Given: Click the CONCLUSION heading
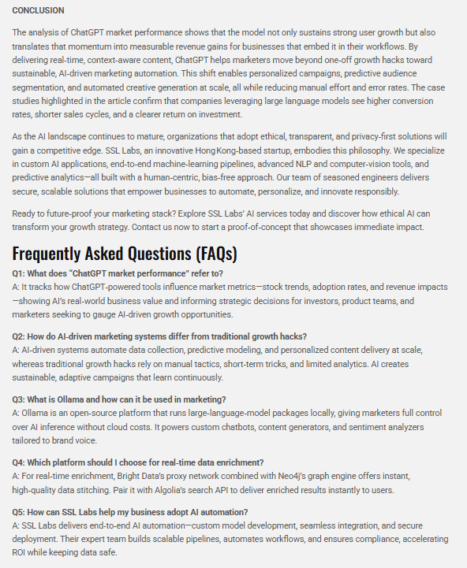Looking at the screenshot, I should (x=38, y=10).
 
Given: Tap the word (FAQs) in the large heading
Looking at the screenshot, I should (x=207, y=254).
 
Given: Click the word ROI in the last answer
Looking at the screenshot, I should (x=21, y=552).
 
